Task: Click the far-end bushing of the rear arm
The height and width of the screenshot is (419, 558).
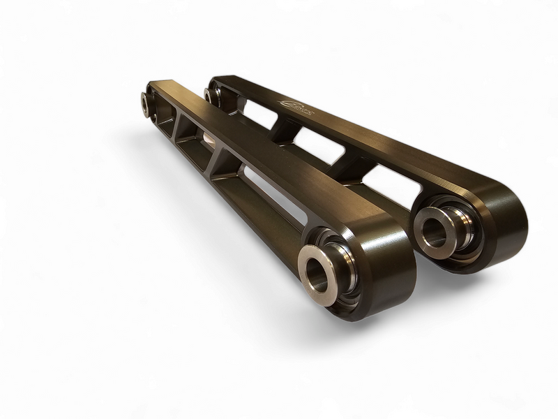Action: tap(211, 94)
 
